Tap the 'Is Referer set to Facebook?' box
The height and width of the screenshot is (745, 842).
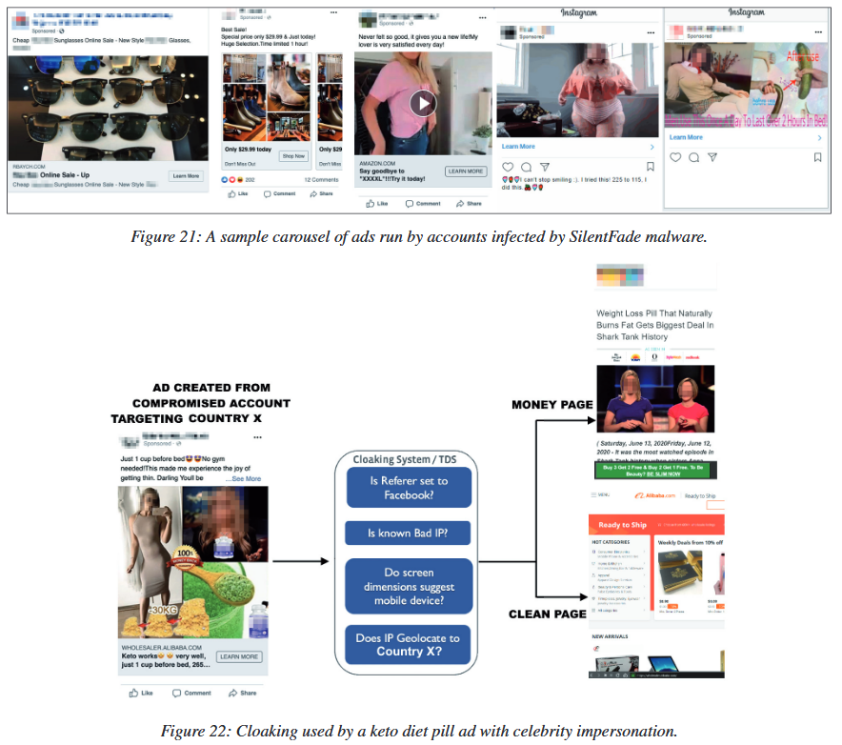coord(409,488)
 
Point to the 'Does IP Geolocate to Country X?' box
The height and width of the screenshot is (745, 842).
coord(409,644)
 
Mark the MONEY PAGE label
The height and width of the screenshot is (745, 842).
coord(552,405)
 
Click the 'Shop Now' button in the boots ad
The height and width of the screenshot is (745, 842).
coord(293,156)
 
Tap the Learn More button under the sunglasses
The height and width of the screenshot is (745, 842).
coord(186,176)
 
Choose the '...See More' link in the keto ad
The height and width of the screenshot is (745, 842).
coord(245,479)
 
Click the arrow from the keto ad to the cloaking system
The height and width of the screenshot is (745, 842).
coord(303,561)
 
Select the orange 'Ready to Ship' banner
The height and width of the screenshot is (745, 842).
coord(657,525)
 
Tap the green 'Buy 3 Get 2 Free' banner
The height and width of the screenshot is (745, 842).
coord(656,471)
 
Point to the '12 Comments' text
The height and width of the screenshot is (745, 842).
coord(321,180)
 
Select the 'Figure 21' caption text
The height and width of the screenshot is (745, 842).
coord(419,237)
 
